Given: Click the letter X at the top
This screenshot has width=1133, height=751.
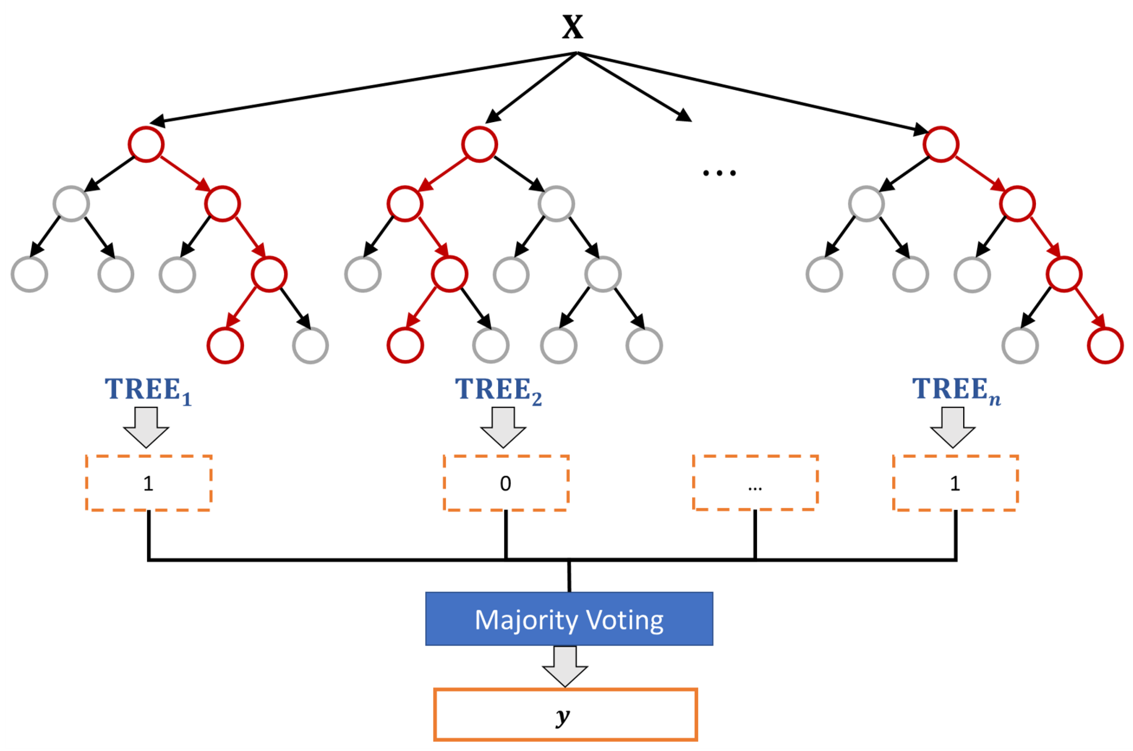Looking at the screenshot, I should (572, 27).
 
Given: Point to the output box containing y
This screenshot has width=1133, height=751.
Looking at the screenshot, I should (565, 715).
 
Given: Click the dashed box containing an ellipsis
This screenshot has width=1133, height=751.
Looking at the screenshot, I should (755, 483).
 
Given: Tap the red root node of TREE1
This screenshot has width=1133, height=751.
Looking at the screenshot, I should (146, 144).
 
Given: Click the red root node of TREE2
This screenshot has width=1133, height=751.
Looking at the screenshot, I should (479, 144).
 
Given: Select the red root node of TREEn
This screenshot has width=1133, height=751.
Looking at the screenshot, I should (941, 144).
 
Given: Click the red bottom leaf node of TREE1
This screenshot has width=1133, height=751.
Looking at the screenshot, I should (226, 345).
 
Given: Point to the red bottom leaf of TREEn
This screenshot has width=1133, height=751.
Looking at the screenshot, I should (1105, 345).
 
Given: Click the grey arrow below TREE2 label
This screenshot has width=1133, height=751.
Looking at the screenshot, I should (503, 427).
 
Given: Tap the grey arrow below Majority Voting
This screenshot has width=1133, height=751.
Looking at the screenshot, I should (565, 666).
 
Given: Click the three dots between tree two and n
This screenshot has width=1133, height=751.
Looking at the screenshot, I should (719, 173).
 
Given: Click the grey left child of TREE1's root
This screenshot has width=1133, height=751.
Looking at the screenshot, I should (71, 203).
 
